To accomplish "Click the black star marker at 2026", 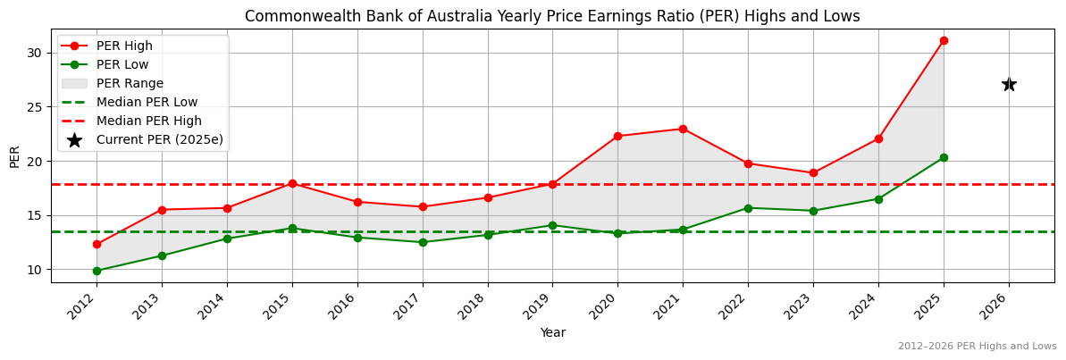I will tap(1009, 84).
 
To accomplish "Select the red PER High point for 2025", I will tap(944, 40).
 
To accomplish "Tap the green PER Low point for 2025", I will tap(944, 157).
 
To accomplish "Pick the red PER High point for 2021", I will tap(683, 129).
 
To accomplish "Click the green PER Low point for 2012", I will tap(97, 271).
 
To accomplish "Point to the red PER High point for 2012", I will tap(97, 244).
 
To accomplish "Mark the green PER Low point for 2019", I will tap(552, 225).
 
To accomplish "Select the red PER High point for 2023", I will tap(813, 172).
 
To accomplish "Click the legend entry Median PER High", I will tap(148, 121).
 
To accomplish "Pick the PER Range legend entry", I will tap(130, 83).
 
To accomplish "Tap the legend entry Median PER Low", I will tap(147, 102).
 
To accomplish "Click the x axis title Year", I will tap(552, 332).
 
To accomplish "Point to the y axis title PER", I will tap(14, 155).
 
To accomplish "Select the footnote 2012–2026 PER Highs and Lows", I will tap(977, 346).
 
